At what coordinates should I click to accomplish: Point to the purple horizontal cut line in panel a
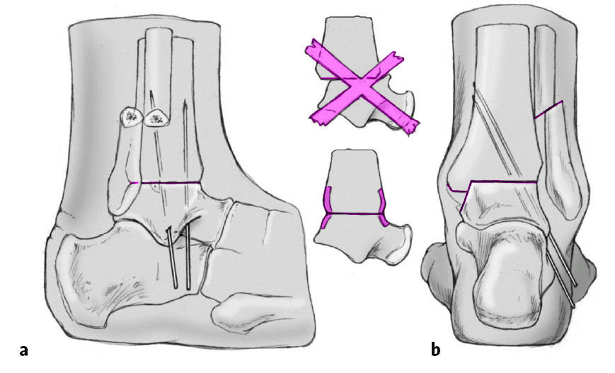tap(166, 183)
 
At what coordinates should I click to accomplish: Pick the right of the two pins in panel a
tap(188, 259)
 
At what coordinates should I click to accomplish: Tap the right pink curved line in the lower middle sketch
tap(383, 206)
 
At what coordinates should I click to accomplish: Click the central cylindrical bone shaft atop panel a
tap(160, 64)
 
